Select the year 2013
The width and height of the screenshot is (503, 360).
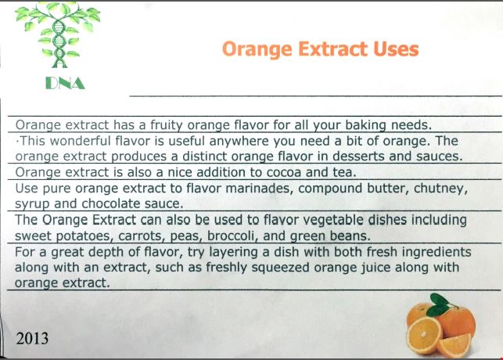click(32, 339)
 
